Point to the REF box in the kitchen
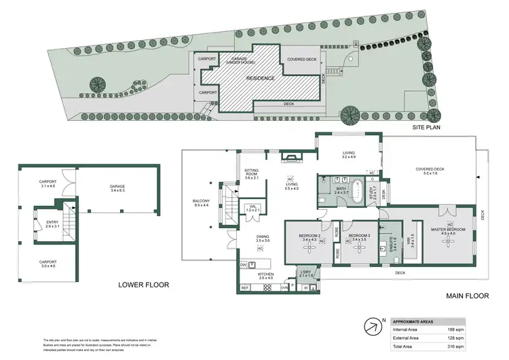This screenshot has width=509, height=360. coord(245,287)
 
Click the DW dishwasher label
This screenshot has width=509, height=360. coord(243,265)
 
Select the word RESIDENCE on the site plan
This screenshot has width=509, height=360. coord(261,78)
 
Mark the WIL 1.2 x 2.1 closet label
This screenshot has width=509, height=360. coord(252,209)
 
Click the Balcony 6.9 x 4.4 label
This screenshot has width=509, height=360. coord(202,204)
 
